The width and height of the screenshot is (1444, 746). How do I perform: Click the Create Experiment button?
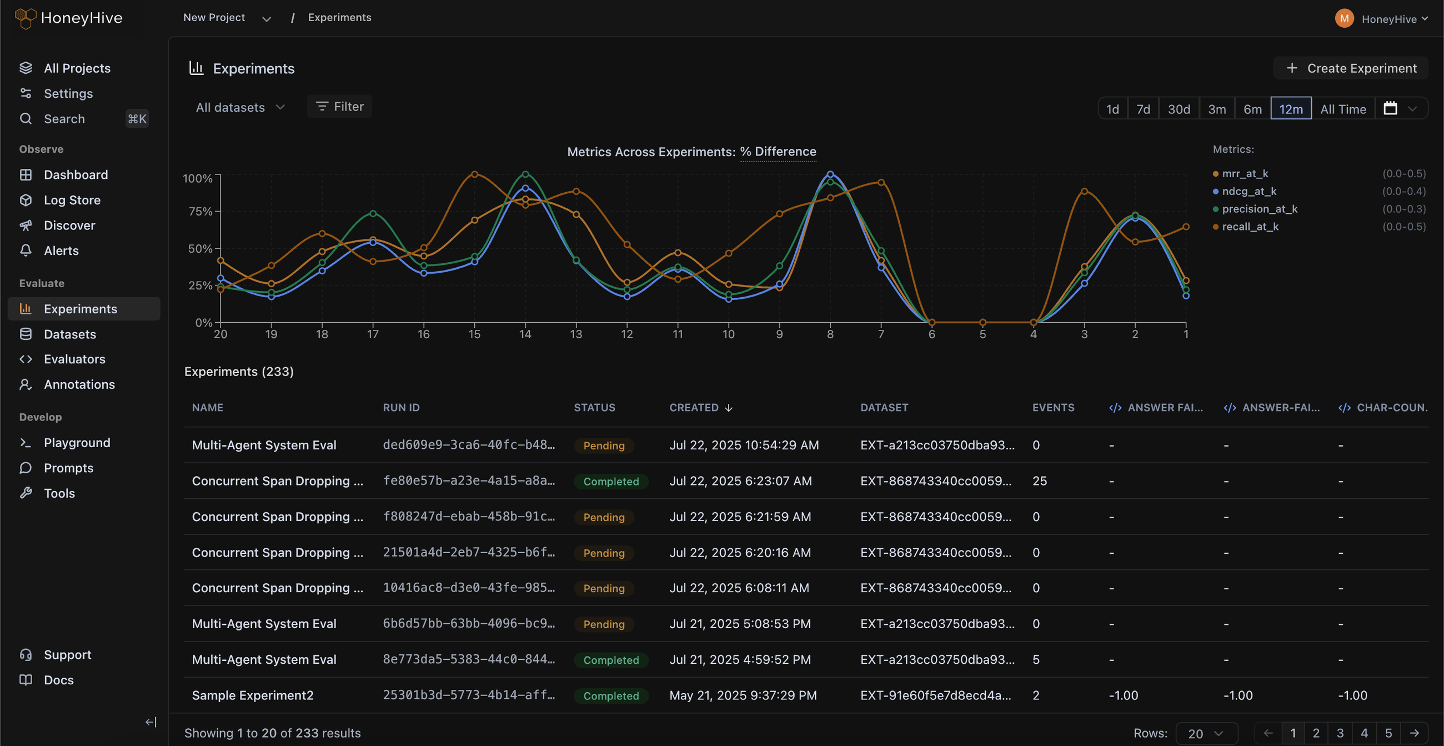(1350, 68)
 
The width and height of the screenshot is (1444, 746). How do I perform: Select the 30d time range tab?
(1179, 109)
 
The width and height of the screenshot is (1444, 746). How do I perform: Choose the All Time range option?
(1342, 109)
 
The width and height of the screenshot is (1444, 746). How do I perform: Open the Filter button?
(339, 107)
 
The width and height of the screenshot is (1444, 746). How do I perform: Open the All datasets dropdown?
(240, 107)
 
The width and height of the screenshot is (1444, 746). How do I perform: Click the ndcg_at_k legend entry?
(1249, 191)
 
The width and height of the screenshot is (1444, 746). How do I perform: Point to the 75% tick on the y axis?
(200, 211)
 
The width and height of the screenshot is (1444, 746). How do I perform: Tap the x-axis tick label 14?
(525, 334)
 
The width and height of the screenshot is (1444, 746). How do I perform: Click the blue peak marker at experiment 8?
(830, 174)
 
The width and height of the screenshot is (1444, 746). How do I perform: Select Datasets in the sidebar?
(69, 334)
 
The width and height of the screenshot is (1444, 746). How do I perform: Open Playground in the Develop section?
(77, 443)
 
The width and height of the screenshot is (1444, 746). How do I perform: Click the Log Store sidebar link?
(72, 200)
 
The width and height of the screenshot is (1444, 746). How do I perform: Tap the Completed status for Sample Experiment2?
(611, 695)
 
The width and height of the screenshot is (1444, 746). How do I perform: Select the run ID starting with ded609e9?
(469, 445)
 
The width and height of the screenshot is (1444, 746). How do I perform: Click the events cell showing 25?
(1039, 481)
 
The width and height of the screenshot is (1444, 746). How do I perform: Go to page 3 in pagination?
(1340, 733)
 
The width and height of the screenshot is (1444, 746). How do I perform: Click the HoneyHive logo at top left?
(68, 18)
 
